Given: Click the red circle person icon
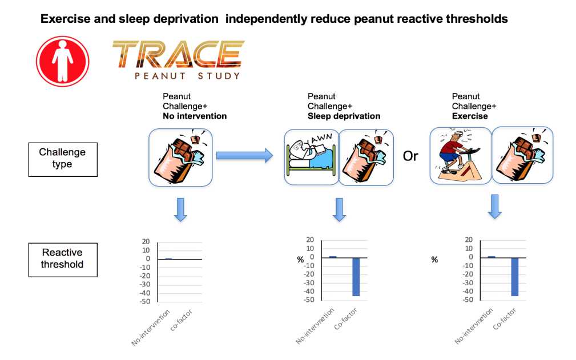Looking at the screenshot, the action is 62,61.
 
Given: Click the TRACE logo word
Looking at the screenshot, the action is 178,54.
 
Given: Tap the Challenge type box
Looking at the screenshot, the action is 63,160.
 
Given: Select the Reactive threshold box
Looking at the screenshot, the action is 63,260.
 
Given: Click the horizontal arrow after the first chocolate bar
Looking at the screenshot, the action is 245,156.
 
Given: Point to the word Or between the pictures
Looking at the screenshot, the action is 410,156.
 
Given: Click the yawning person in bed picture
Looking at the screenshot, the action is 312,157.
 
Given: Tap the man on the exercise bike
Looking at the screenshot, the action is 460,155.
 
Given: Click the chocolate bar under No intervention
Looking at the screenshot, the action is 180,157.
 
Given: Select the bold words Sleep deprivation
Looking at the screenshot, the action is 344,116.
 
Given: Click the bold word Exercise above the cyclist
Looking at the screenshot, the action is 470,116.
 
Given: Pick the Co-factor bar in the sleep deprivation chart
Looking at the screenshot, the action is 356,277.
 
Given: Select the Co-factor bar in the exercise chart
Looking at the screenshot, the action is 515,277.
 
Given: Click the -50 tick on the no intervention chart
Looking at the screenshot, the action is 145,302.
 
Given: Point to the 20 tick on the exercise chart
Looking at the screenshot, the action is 469,240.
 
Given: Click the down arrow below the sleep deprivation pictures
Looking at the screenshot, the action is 339,209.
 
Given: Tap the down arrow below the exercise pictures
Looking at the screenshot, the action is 495,207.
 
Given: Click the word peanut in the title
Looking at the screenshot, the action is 373,19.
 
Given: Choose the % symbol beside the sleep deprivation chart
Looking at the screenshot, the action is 300,260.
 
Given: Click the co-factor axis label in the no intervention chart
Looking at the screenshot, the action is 182,320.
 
